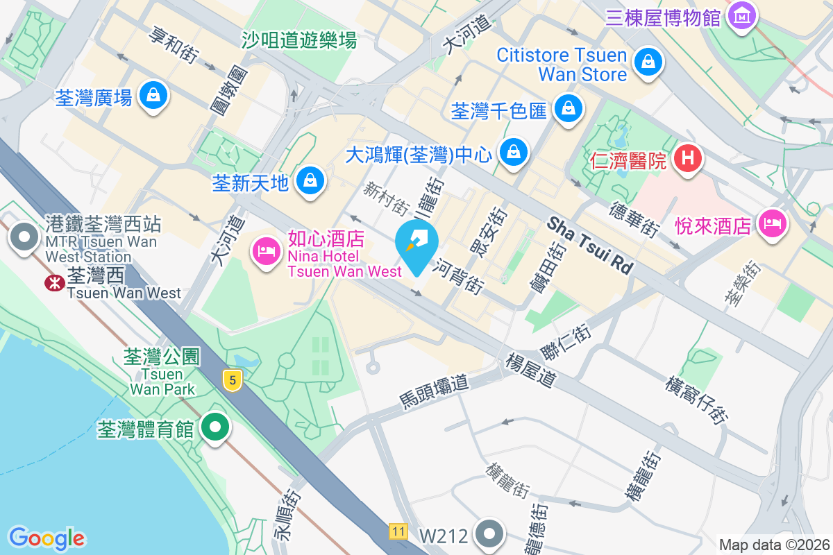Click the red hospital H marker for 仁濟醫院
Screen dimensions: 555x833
[688, 158]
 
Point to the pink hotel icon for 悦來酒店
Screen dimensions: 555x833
[772, 223]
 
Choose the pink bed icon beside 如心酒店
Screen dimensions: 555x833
[266, 249]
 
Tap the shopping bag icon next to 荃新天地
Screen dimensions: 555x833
[310, 181]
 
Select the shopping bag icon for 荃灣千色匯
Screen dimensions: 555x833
[568, 108]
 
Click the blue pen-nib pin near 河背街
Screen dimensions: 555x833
[416, 244]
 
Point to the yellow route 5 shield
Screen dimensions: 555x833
[233, 379]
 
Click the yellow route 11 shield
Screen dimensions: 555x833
[397, 531]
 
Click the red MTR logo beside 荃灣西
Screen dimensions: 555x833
[53, 282]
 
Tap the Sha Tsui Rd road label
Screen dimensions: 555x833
[590, 244]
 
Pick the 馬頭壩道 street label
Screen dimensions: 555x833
[435, 392]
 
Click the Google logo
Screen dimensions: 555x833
[47, 538]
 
